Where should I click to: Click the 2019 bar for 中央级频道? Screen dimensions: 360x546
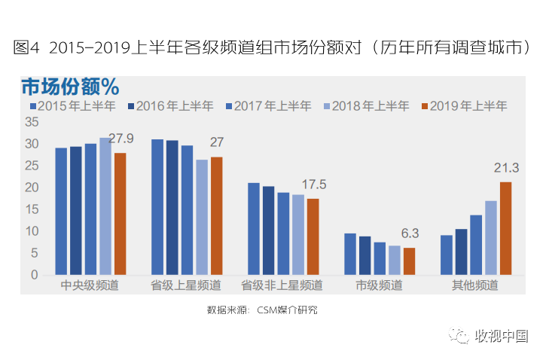pos(120,214)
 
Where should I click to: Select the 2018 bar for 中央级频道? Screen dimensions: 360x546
pos(105,206)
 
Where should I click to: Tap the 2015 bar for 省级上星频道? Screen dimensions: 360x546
pos(157,207)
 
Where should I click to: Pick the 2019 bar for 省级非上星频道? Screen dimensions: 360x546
pos(313,236)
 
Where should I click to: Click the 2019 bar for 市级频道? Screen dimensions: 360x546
pos(409,261)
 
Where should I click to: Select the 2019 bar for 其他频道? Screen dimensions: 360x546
pos(505,228)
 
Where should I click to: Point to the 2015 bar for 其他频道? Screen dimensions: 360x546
pos(447,255)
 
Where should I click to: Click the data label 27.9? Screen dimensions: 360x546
pos(121,138)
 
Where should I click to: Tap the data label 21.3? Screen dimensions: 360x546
pos(506,167)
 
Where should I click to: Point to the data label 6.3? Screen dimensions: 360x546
pos(409,233)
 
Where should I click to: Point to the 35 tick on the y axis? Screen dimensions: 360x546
pos(32,121)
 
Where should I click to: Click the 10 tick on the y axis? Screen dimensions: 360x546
pos(32,231)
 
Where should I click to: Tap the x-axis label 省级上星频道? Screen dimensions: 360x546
pos(186,286)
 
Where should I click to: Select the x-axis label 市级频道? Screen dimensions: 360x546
pos(379,286)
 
